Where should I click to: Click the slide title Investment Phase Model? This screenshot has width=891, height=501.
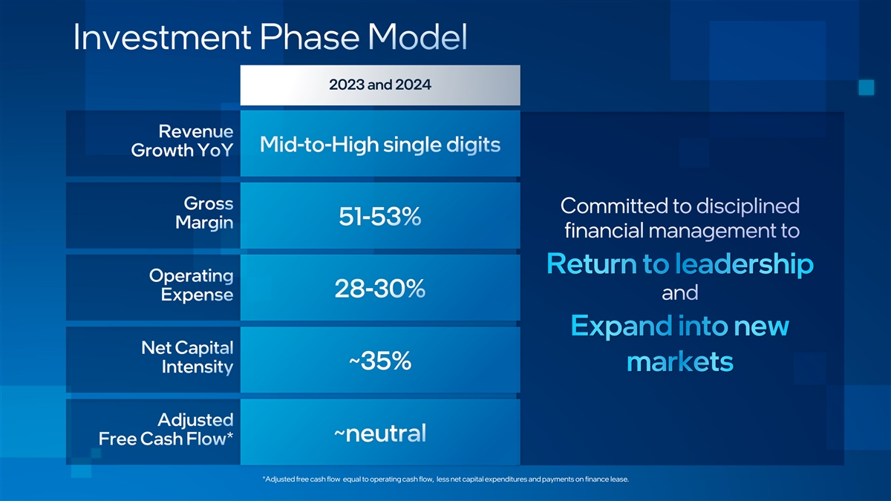[270, 37]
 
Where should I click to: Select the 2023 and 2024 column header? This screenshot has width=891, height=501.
[380, 85]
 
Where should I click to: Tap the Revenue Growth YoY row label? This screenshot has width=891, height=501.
[182, 141]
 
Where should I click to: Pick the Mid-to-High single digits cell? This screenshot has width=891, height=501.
[380, 144]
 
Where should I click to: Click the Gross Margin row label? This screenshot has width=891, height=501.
[204, 213]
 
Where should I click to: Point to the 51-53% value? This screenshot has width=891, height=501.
[380, 216]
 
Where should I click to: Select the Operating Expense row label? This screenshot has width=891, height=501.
[192, 285]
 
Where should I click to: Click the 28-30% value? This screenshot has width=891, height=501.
[380, 288]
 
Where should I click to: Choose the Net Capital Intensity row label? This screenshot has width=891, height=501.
[187, 358]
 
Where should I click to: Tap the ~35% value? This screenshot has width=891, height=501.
[380, 361]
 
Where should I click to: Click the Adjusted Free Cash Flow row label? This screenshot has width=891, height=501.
[166, 430]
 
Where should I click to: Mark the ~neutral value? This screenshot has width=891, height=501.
[380, 433]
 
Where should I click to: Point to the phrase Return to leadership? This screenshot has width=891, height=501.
[680, 264]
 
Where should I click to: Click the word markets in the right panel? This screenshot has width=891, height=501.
[680, 361]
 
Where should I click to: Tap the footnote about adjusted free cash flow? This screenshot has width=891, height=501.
[446, 479]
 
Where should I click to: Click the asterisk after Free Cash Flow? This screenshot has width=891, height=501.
[229, 436]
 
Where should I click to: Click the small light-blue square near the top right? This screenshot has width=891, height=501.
[866, 88]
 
